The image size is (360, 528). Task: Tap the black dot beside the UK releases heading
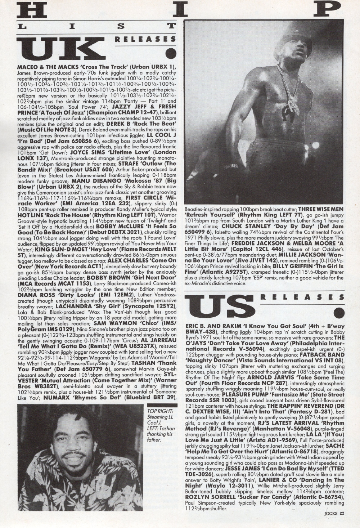click(171, 54)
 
